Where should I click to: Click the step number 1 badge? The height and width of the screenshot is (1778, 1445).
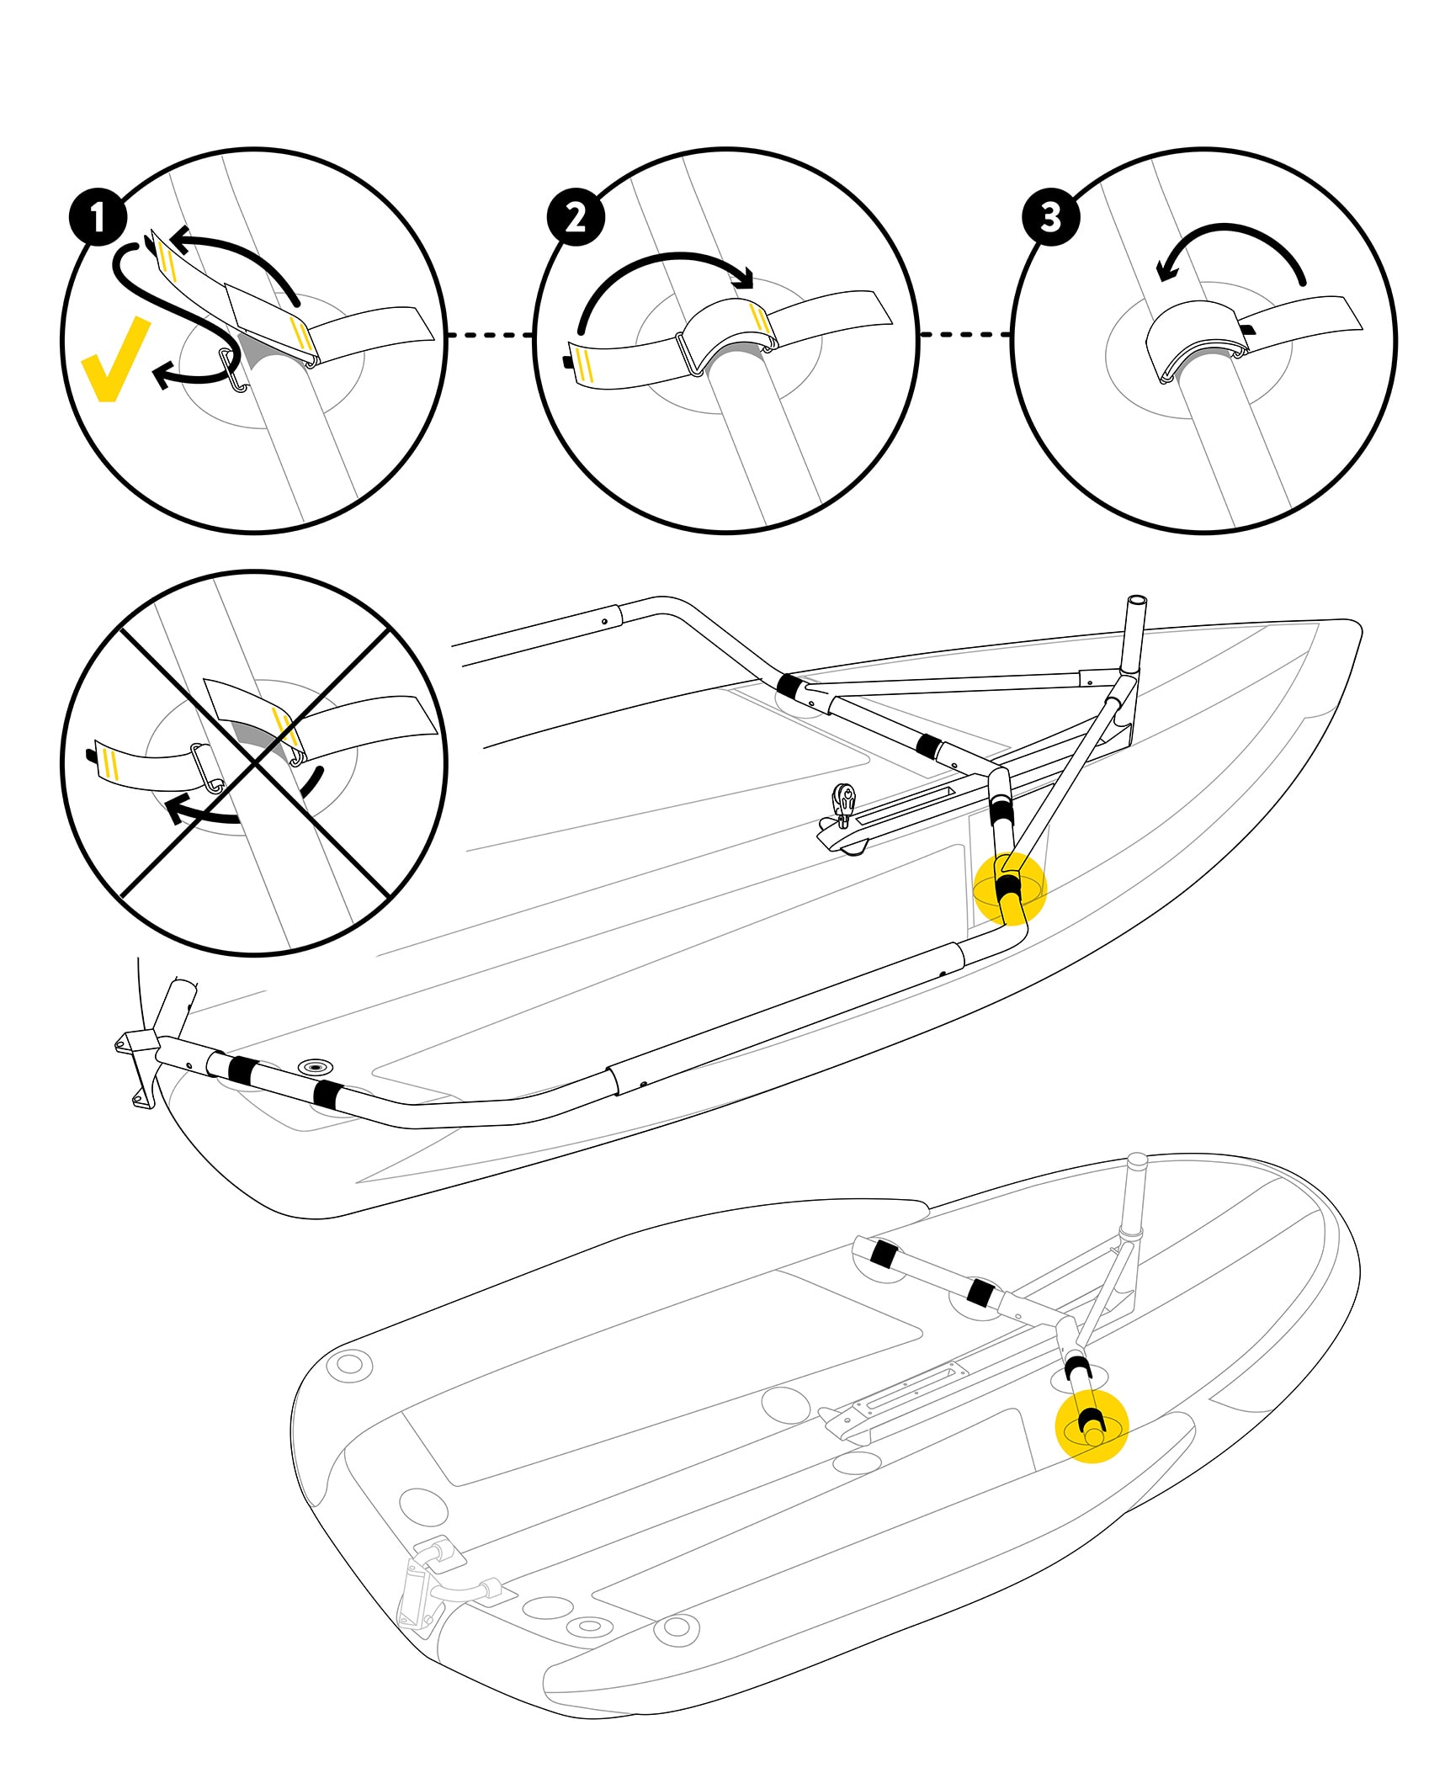pos(98,217)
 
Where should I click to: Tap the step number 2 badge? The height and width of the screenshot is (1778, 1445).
pos(576,217)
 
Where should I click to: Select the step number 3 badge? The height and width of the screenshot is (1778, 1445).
pos(1050,217)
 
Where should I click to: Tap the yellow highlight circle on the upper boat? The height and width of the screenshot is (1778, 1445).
pos(1009,888)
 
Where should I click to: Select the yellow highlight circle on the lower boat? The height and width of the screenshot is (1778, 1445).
pos(1091,1426)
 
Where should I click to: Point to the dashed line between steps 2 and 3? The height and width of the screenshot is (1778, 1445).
pos(964,335)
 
